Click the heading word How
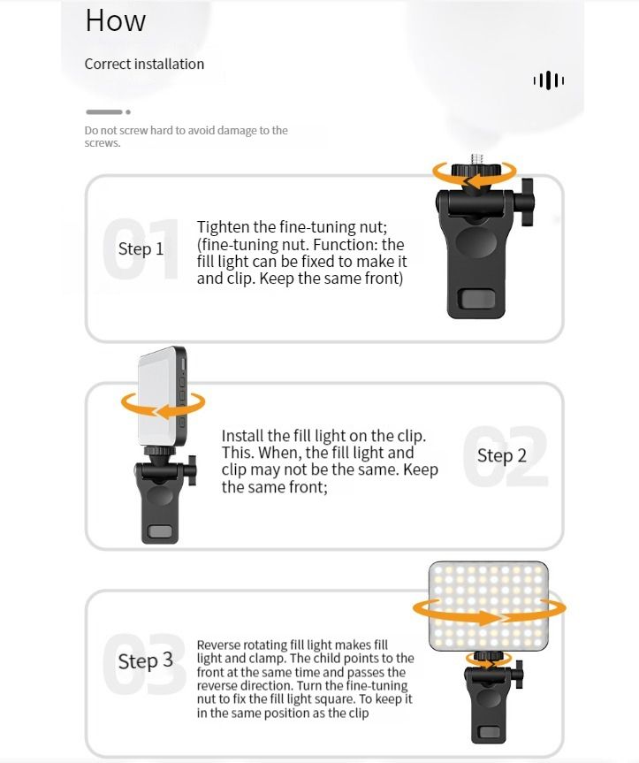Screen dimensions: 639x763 tap(115, 21)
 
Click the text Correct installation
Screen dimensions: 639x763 tap(144, 64)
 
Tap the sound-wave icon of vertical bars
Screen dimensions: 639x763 tap(549, 80)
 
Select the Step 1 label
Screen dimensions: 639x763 tap(141, 248)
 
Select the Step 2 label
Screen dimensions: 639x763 tap(501, 456)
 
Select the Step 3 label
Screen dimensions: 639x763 tap(146, 660)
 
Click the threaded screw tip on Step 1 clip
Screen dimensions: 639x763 tap(477, 160)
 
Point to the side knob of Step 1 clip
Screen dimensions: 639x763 tap(528, 202)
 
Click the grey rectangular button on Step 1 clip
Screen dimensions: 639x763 tap(477, 298)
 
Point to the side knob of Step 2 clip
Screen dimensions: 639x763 tap(193, 470)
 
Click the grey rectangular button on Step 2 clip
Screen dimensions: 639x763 tap(160, 531)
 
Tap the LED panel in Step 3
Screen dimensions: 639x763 tap(488, 607)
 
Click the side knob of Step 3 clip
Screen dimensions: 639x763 tap(520, 674)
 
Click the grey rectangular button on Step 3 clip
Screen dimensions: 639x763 tap(490, 732)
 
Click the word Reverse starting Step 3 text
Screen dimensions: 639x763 tap(218, 645)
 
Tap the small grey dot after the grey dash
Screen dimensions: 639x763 tap(128, 112)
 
